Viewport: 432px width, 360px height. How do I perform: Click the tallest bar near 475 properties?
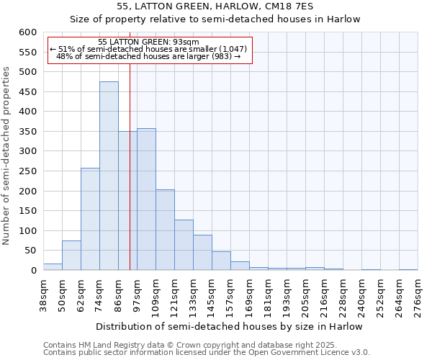(109, 176)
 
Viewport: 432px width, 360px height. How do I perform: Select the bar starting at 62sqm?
(90, 219)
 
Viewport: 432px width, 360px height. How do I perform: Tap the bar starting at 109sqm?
(165, 230)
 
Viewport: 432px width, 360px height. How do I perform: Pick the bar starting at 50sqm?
(71, 255)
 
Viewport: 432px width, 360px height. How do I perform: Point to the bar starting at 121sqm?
(184, 245)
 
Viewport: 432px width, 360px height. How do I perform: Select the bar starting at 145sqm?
(221, 261)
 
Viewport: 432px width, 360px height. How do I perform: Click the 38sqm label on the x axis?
(44, 296)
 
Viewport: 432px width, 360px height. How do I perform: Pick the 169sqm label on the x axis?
(250, 296)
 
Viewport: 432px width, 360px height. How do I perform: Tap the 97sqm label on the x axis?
(138, 296)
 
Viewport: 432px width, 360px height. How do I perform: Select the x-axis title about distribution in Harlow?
(229, 327)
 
